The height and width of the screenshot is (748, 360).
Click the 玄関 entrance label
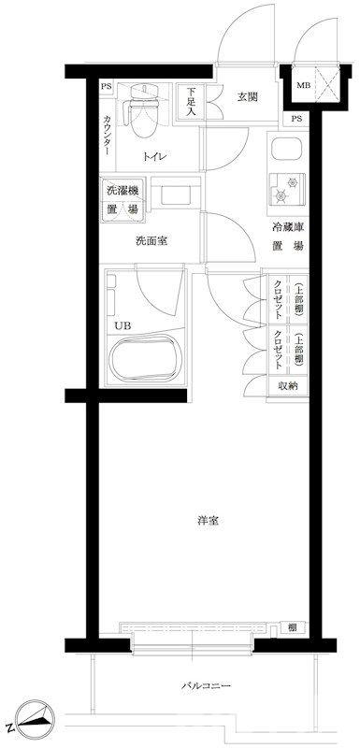(x=246, y=96)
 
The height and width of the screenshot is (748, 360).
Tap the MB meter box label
(x=303, y=86)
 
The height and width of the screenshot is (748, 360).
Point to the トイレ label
(x=154, y=157)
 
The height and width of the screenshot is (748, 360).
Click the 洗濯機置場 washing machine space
(x=122, y=200)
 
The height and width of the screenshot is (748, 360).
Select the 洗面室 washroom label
(x=151, y=240)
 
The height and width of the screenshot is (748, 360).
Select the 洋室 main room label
(x=208, y=520)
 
